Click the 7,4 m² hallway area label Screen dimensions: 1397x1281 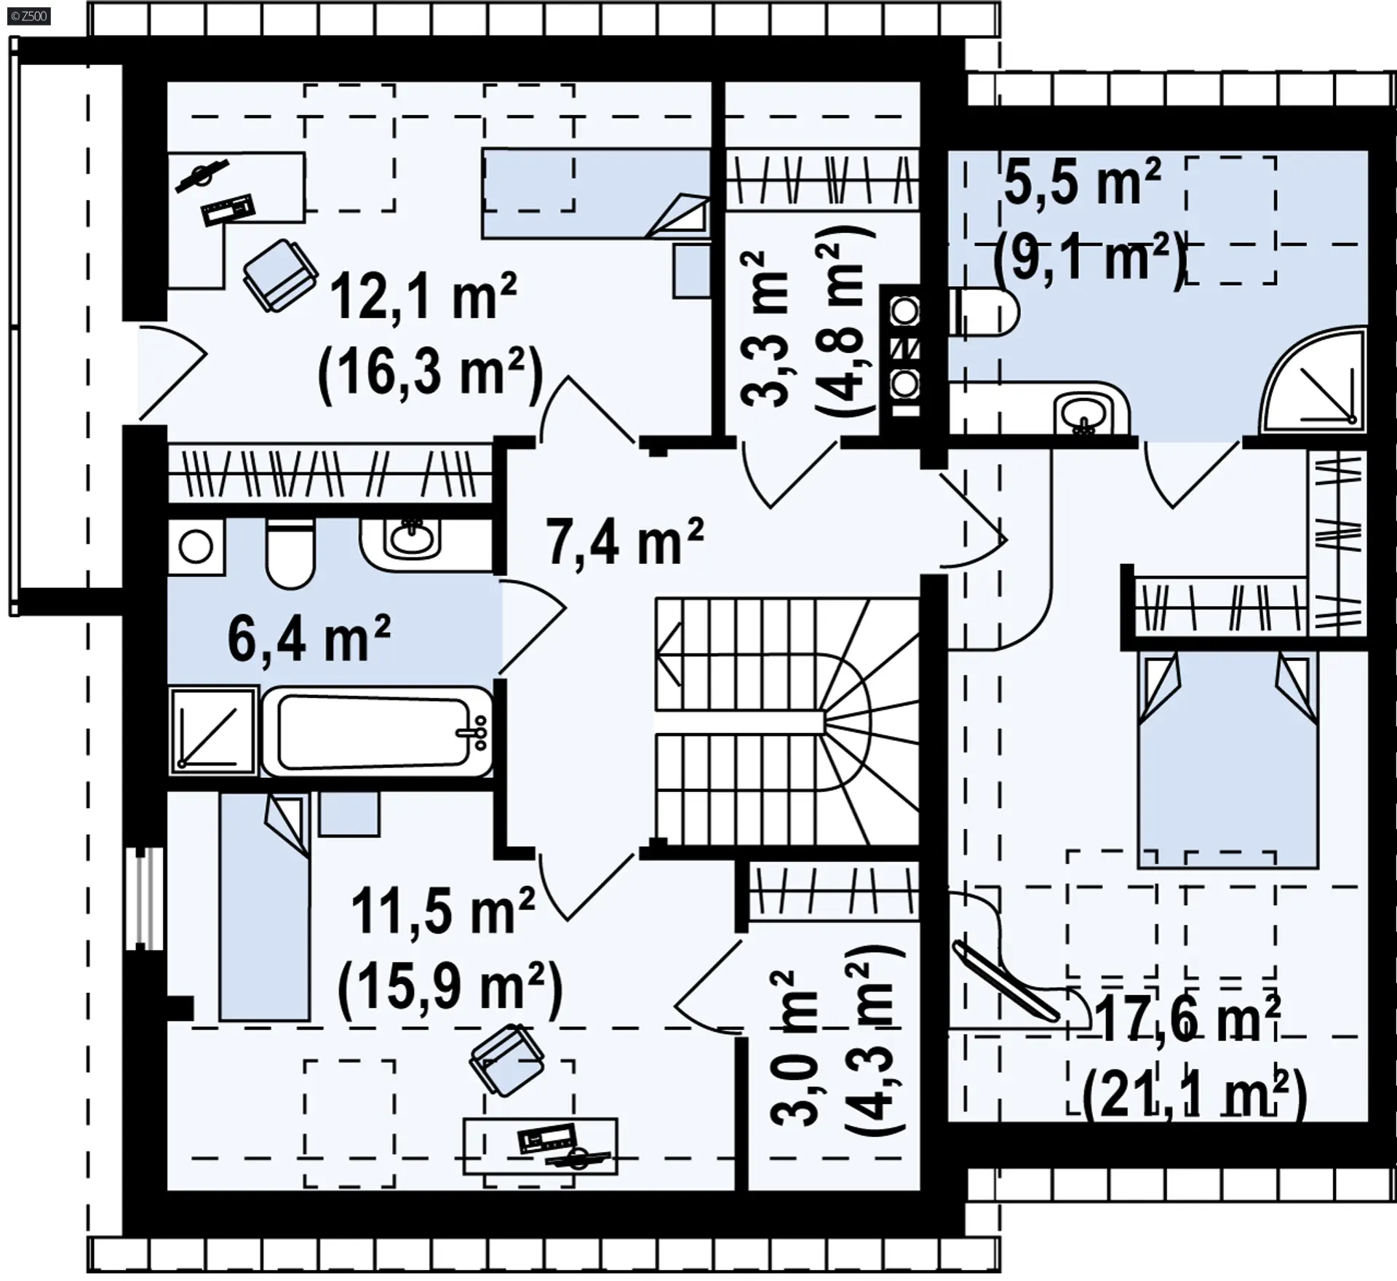624,542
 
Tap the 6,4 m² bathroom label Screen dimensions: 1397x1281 309,638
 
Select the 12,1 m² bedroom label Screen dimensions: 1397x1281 423,297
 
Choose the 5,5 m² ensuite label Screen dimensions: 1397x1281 1082,182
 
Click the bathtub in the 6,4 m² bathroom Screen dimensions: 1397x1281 377,732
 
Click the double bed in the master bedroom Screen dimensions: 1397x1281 1228,759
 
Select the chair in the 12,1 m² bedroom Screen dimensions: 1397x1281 280,276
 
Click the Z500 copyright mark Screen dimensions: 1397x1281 29,15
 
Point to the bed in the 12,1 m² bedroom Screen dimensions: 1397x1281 597,194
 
